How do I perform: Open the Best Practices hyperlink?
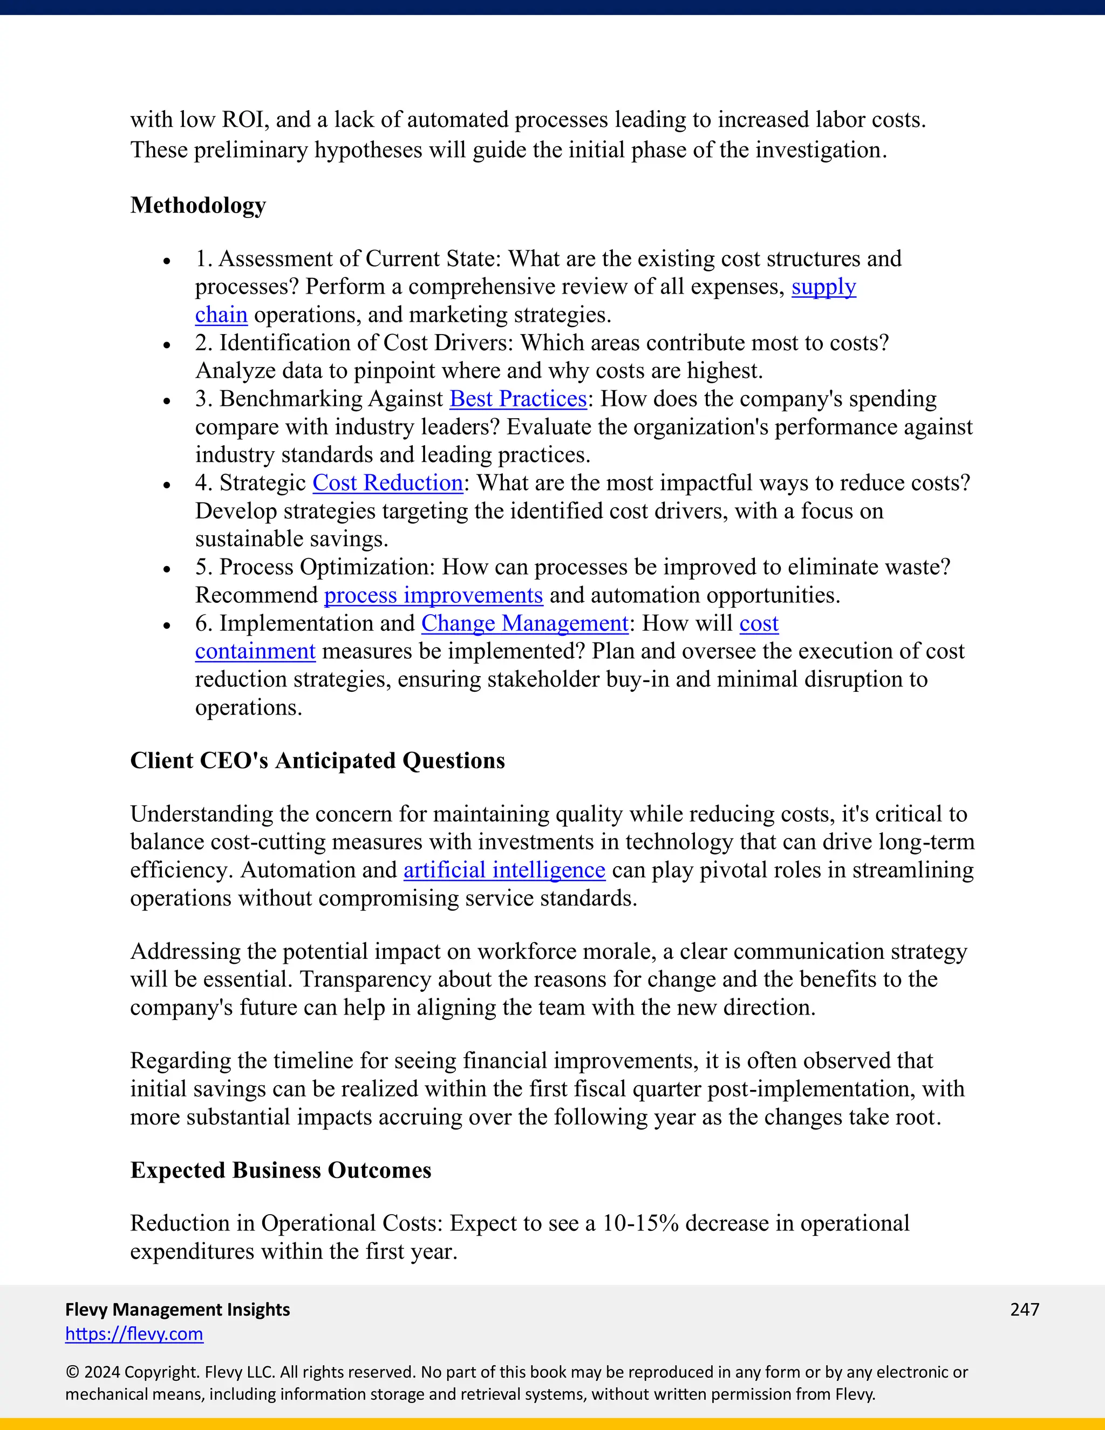click(x=518, y=399)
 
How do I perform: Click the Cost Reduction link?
click(x=387, y=482)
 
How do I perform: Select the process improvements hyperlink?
click(x=433, y=595)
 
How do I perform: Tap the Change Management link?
click(x=524, y=623)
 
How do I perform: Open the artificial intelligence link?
click(x=504, y=870)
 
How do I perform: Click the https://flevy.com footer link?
click(x=134, y=1334)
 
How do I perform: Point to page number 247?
click(x=1025, y=1309)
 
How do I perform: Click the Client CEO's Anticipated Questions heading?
click(x=317, y=761)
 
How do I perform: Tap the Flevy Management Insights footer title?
click(x=178, y=1309)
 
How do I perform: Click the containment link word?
click(x=255, y=651)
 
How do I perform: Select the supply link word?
click(x=823, y=287)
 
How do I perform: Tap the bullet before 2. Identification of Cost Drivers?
click(x=167, y=345)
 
